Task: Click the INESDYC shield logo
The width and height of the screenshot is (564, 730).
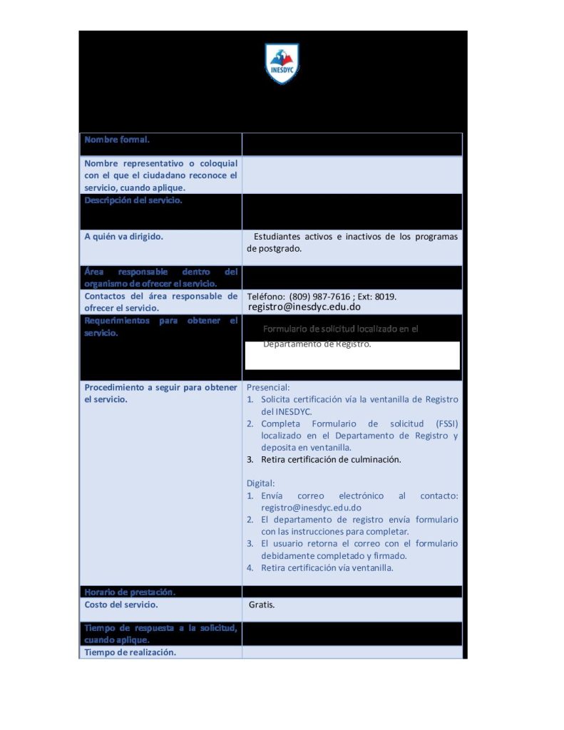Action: coord(282,63)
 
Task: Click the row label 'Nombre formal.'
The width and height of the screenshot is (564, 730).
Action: coord(117,140)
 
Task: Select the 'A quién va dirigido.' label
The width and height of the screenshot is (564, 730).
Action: coord(123,237)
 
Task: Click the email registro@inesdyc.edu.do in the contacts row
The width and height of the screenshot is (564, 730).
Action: coord(304,307)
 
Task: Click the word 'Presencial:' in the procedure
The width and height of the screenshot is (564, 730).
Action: coord(268,387)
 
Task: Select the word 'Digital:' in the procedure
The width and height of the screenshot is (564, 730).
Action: coord(260,483)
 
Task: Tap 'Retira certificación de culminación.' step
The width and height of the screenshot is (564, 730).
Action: coord(331,460)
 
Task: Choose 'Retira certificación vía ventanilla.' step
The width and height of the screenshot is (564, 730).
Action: coord(327,568)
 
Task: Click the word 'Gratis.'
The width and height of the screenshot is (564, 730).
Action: coord(262,605)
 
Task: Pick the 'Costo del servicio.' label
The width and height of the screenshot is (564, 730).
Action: coord(121,605)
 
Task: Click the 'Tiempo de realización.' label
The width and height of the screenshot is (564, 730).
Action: coord(130,652)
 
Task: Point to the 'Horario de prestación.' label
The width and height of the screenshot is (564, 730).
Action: coord(130,592)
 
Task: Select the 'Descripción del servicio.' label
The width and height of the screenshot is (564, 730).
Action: coord(133,200)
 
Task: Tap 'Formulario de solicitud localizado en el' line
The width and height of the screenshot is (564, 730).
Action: coord(341,329)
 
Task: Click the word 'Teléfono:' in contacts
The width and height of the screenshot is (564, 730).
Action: coord(266,297)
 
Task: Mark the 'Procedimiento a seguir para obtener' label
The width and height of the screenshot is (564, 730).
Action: coord(160,387)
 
